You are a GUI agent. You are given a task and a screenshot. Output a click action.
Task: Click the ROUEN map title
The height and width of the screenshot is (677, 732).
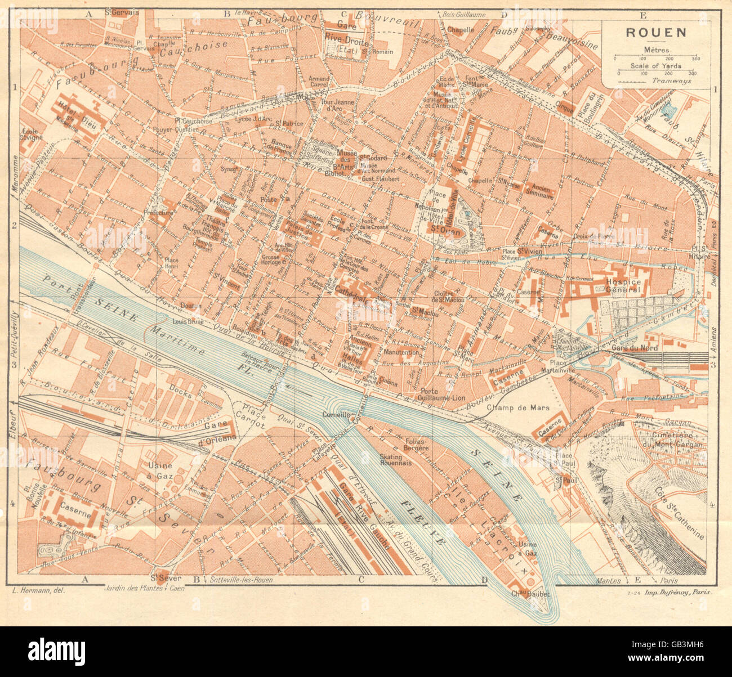[x=656, y=32]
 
